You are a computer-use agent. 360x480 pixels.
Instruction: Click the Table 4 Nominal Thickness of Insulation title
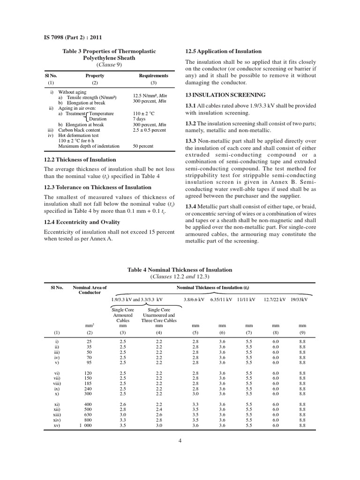click(180, 270)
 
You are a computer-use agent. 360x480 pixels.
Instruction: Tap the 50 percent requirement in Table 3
click(143, 146)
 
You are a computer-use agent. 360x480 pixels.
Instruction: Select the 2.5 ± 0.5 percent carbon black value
click(149, 130)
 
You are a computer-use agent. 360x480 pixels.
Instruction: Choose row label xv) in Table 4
click(55, 426)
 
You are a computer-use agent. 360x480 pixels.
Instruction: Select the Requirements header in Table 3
click(153, 75)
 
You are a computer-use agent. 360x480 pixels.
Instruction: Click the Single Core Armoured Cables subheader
click(123, 315)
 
